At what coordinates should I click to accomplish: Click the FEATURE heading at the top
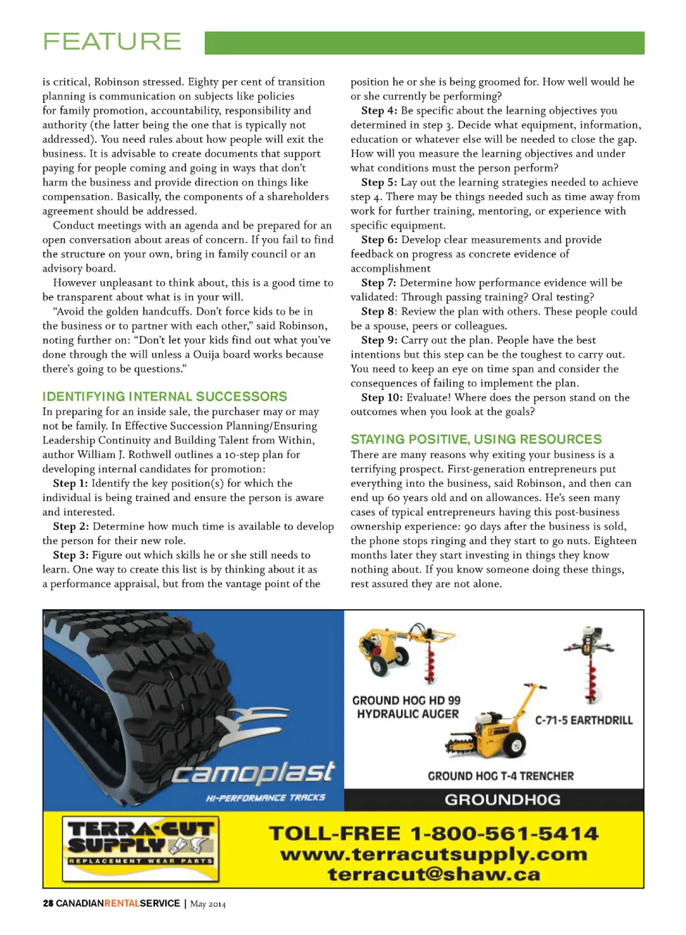112,41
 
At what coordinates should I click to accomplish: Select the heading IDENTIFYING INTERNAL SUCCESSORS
164,397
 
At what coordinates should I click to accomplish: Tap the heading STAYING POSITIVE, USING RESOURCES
476,440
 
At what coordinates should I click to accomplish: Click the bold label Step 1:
70,483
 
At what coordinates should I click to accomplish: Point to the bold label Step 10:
382,397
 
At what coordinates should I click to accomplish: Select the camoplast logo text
253,773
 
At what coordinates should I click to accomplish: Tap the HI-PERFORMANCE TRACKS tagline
265,798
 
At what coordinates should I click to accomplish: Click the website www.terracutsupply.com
434,854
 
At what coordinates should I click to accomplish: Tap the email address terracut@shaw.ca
434,874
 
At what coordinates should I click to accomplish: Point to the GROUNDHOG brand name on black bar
502,799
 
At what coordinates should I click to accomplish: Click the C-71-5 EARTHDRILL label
584,721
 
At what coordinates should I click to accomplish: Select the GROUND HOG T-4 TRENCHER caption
500,776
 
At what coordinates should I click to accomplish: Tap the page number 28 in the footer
48,904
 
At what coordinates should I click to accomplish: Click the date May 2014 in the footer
208,904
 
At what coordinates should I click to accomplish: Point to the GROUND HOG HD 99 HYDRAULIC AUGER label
407,707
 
